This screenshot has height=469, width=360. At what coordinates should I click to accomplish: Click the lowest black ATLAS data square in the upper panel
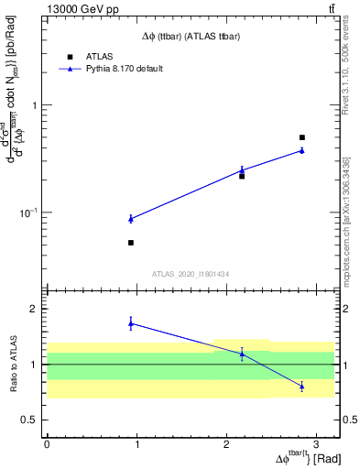coord(131,243)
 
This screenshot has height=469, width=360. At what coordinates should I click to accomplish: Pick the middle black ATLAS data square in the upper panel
coord(242,176)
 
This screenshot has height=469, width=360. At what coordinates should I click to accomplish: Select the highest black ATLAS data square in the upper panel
coord(302,137)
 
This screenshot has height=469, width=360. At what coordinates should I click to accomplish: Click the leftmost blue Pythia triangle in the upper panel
coord(131,218)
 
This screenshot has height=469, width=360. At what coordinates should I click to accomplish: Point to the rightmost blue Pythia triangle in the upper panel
coord(302,150)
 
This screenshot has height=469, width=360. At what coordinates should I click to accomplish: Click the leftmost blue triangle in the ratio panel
coord(131,322)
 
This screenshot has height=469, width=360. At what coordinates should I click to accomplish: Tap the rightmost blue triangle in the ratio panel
coord(302,387)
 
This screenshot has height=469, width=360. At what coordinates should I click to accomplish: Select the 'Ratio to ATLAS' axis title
coord(13,364)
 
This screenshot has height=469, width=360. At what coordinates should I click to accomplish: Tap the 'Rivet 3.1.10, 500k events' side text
coord(352,72)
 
